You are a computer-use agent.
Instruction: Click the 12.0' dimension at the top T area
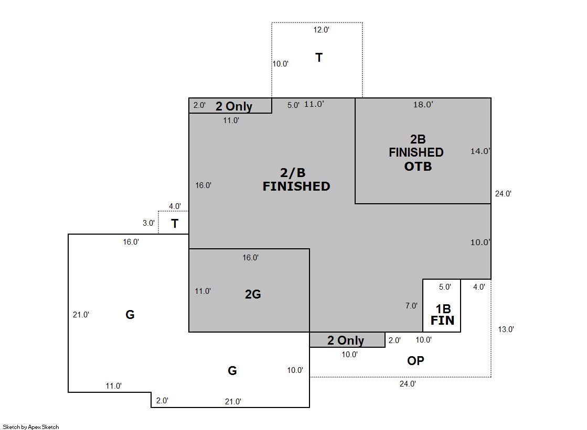(321, 30)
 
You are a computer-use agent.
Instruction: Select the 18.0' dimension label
(423, 105)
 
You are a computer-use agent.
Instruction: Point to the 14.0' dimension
(481, 151)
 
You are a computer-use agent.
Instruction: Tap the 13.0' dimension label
(506, 329)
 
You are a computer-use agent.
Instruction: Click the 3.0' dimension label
(148, 223)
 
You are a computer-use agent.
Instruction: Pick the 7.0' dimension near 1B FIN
(411, 306)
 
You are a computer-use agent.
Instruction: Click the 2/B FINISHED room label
(296, 180)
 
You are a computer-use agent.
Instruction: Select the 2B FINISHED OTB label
(417, 152)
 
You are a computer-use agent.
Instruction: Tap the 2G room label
(253, 294)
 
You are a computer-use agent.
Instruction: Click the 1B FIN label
(443, 314)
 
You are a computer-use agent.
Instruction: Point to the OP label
(415, 361)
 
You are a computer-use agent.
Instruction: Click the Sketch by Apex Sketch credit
(31, 427)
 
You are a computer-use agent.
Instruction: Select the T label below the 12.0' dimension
(319, 58)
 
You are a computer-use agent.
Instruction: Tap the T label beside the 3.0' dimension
(175, 224)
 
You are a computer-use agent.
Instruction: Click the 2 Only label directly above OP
(346, 340)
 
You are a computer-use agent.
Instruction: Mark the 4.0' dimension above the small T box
(175, 206)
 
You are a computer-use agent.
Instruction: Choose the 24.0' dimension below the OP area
(408, 383)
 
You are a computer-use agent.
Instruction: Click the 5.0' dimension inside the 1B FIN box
(445, 287)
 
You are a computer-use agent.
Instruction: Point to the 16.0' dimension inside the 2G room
(250, 258)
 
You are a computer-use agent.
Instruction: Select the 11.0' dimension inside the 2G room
(203, 291)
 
